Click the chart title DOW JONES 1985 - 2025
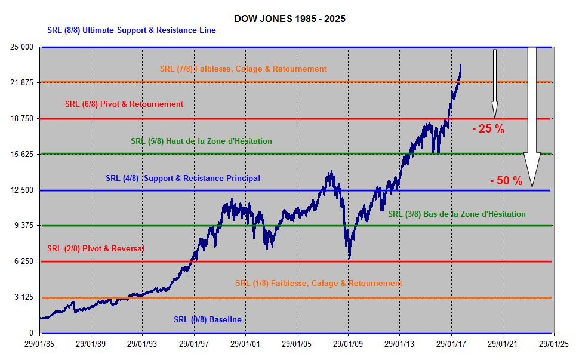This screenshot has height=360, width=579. pos(289,19)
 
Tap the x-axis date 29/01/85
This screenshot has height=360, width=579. pos(39,344)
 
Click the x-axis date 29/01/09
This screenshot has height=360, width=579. pos(348,344)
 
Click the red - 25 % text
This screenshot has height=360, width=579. pos(488,129)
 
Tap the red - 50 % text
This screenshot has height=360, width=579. pos(506,180)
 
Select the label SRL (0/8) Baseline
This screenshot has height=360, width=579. pos(208,320)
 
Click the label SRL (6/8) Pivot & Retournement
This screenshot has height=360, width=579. pos(124,104)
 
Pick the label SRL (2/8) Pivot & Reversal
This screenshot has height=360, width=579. pos(96,248)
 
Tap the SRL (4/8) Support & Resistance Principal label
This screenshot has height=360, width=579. pos(183,178)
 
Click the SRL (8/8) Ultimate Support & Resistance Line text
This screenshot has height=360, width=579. pos(131,30)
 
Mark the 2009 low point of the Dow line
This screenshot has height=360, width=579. pos(349,257)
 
